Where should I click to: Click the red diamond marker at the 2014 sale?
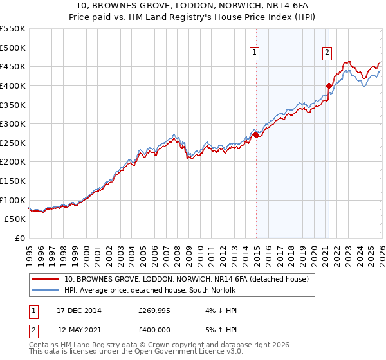pos(256,135)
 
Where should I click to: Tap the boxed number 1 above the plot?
pos(255,53)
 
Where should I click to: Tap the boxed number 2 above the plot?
pos(327,53)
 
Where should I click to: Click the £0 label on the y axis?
pos(19,238)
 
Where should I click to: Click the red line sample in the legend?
pos(46,279)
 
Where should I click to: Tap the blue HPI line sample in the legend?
pos(46,290)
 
